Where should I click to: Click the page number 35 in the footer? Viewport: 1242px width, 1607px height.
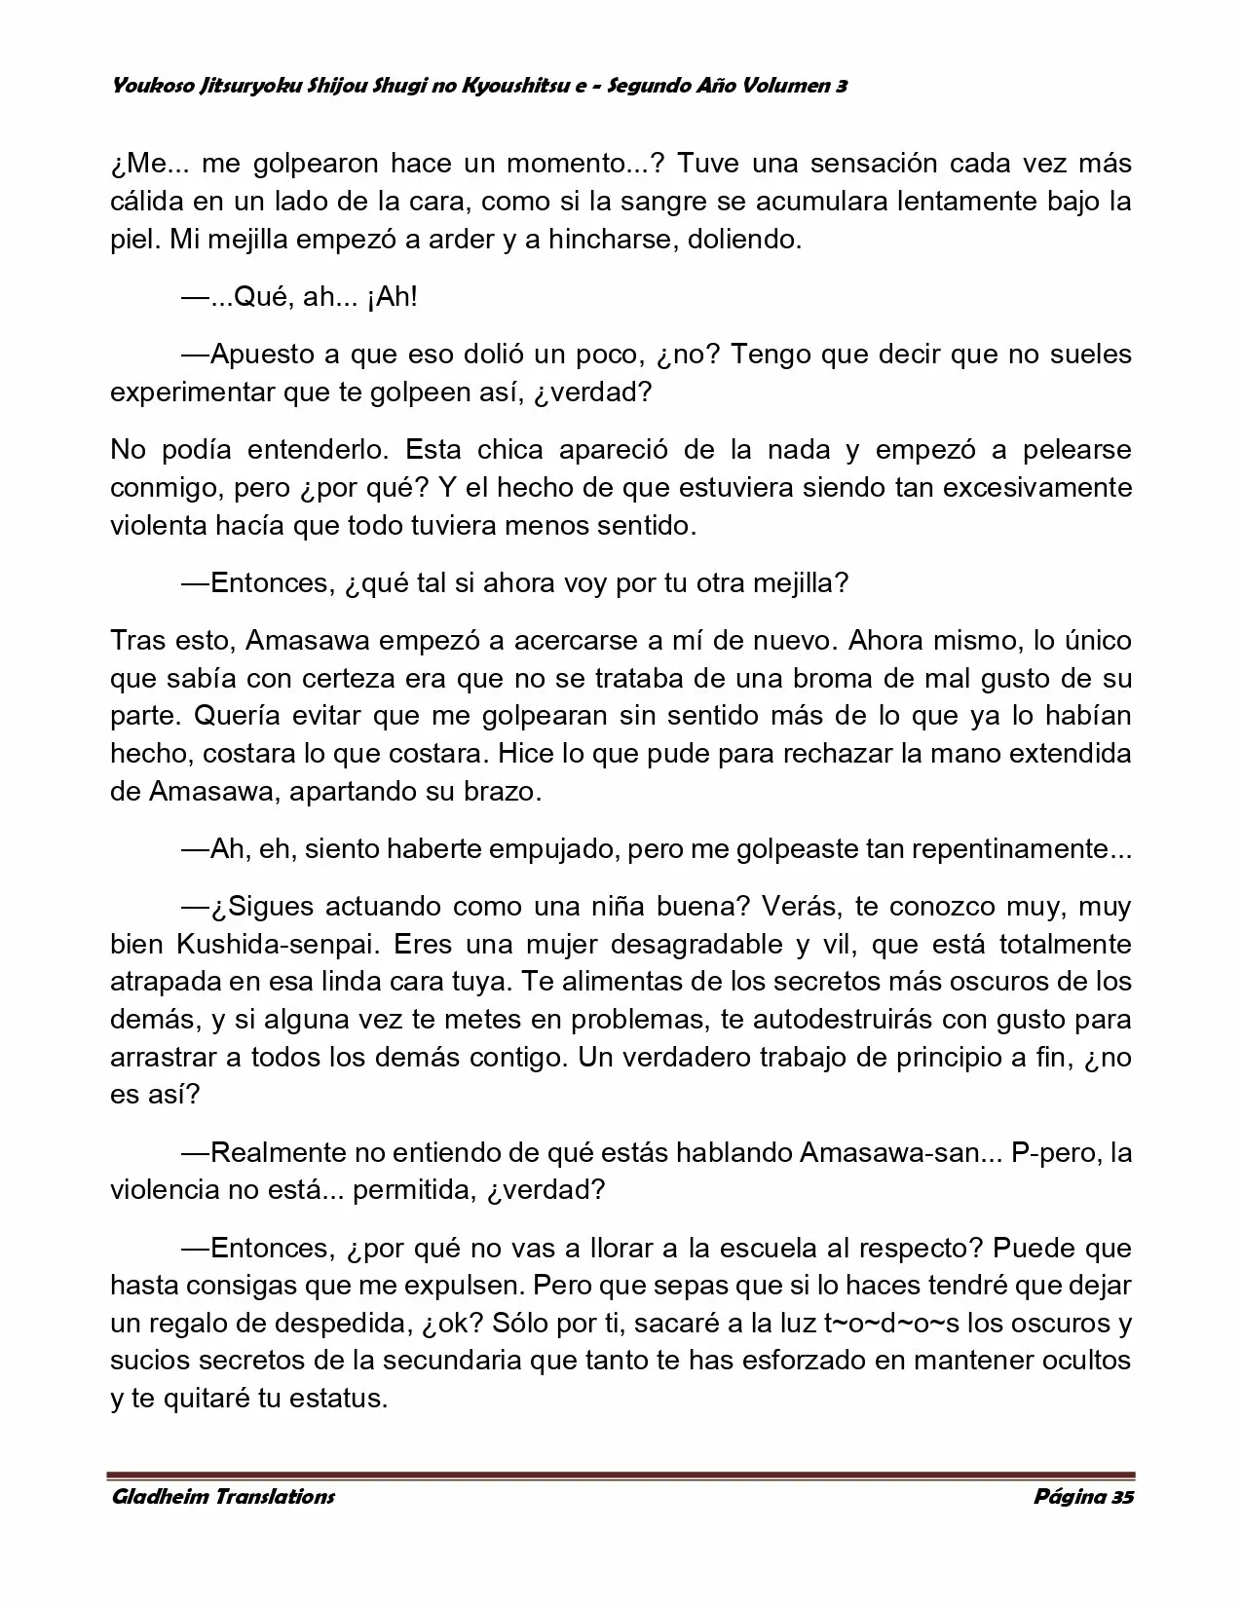(1120, 1496)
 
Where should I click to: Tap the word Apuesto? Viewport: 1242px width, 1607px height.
(262, 355)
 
